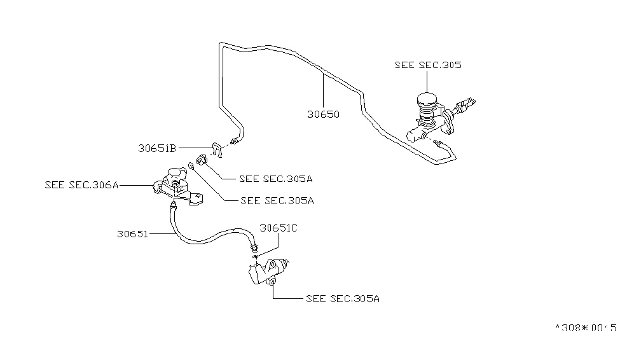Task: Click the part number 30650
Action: pos(323,115)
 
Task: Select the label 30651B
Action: pos(156,148)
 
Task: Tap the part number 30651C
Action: pos(277,227)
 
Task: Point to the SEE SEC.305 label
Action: pos(427,65)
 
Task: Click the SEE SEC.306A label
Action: pos(82,185)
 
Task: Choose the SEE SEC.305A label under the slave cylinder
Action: pos(343,298)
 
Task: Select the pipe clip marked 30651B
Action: pos(216,149)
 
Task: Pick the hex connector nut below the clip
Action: pos(202,160)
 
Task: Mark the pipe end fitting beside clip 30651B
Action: pos(236,141)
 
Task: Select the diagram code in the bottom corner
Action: pos(584,328)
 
